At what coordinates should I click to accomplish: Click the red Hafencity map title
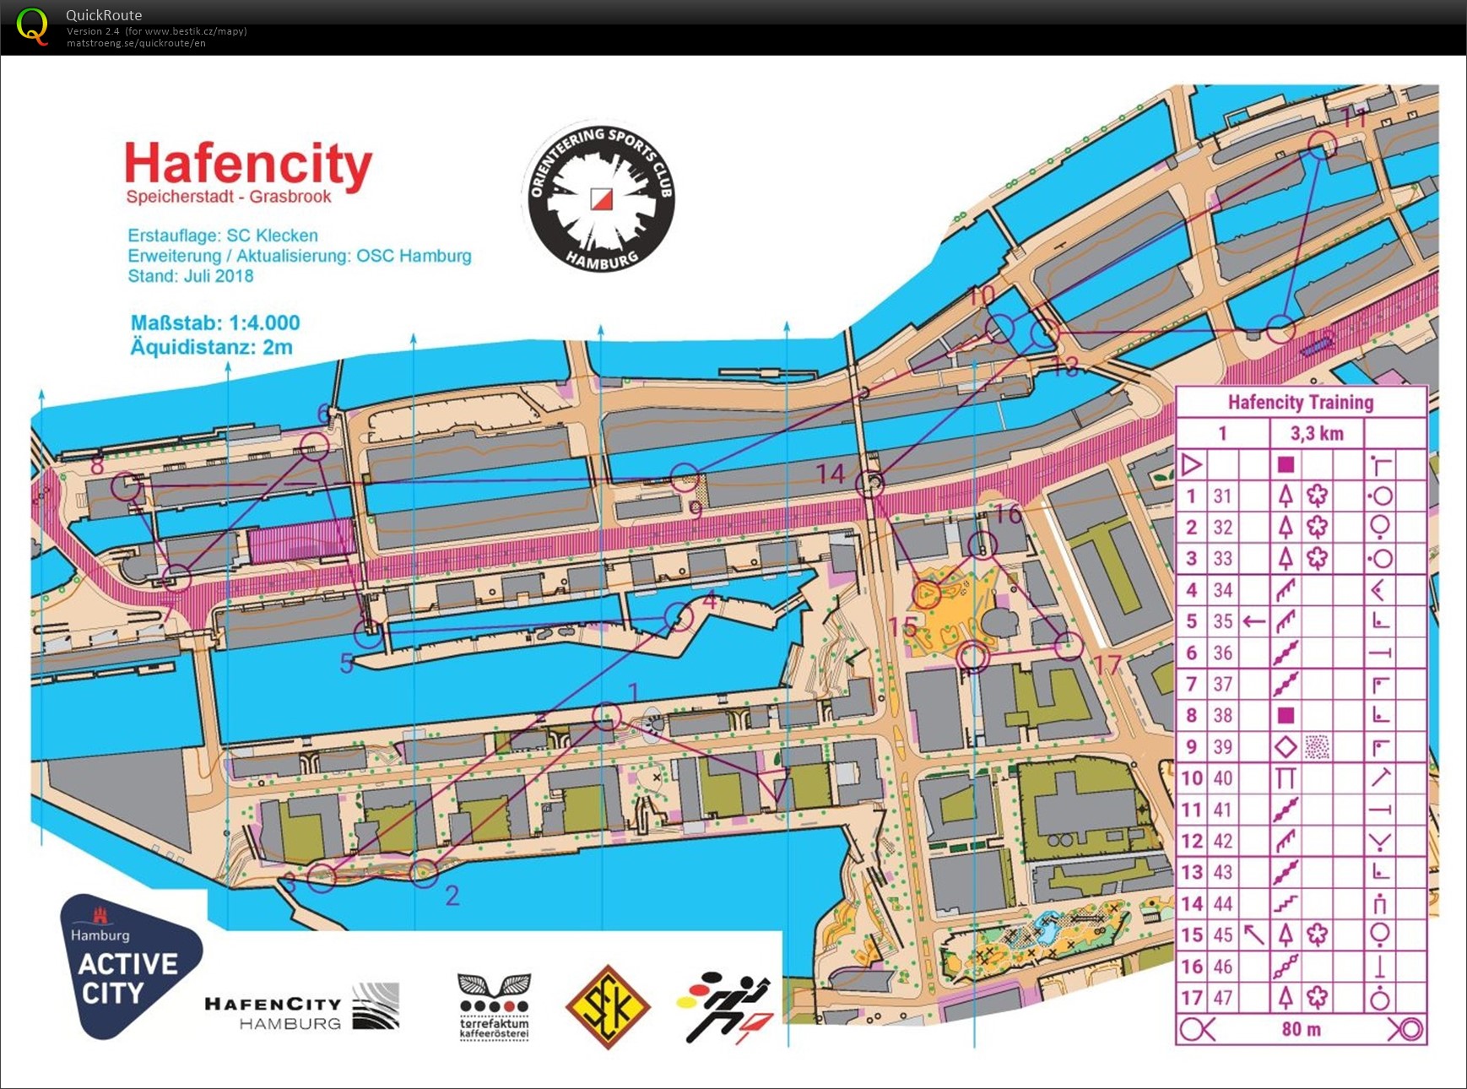pos(248,164)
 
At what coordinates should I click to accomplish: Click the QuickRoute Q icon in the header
pos(32,26)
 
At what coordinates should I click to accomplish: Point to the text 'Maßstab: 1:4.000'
pos(215,322)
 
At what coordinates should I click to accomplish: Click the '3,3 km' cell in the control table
pos(1316,434)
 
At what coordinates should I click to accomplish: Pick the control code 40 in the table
pos(1222,778)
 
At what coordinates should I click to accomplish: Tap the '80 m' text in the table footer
pos(1301,1029)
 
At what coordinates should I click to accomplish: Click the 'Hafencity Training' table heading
pos(1300,403)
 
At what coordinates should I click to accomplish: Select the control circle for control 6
pos(314,446)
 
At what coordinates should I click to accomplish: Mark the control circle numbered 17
pos(1069,646)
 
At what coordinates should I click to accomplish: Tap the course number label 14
pos(831,474)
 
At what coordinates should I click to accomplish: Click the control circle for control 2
pos(424,872)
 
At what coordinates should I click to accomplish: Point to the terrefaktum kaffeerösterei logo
pos(494,1006)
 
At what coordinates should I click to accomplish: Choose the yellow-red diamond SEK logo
pos(608,1007)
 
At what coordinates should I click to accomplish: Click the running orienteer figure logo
pos(726,1007)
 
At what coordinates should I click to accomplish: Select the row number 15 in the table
pos(1191,935)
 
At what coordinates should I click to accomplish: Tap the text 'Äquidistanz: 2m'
pos(211,347)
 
